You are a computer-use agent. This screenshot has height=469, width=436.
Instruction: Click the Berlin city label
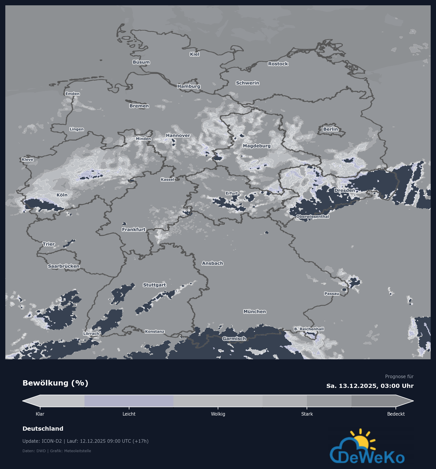[x=330, y=129]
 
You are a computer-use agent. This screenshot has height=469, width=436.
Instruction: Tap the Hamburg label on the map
[x=189, y=86]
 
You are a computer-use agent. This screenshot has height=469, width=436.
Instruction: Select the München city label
[x=255, y=311]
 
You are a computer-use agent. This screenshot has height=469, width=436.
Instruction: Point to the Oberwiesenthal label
[x=313, y=217]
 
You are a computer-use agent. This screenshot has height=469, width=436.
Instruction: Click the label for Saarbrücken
[x=64, y=266]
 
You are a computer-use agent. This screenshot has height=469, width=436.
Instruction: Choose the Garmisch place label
[x=234, y=339]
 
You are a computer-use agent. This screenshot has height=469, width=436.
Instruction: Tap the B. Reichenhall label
[x=309, y=329]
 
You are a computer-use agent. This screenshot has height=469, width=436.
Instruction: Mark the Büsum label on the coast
[x=141, y=62]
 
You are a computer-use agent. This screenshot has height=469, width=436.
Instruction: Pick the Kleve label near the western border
[x=27, y=160]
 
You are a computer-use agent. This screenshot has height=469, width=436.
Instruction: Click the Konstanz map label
[x=154, y=332]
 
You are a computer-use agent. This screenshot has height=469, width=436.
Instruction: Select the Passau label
[x=332, y=293]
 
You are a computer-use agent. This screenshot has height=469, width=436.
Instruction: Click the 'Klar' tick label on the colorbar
[x=40, y=414]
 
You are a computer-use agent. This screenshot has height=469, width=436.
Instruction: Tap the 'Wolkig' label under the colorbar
[x=218, y=414]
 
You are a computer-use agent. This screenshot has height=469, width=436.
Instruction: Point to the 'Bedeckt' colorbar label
[x=396, y=414]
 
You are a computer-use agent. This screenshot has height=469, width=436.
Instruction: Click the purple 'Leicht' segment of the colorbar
[x=129, y=401]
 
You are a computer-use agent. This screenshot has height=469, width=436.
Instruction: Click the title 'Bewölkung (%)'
[x=55, y=383]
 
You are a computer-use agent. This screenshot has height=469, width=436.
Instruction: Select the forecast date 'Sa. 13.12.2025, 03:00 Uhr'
[x=370, y=386]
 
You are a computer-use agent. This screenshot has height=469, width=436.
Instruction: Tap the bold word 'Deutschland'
[x=43, y=429]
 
